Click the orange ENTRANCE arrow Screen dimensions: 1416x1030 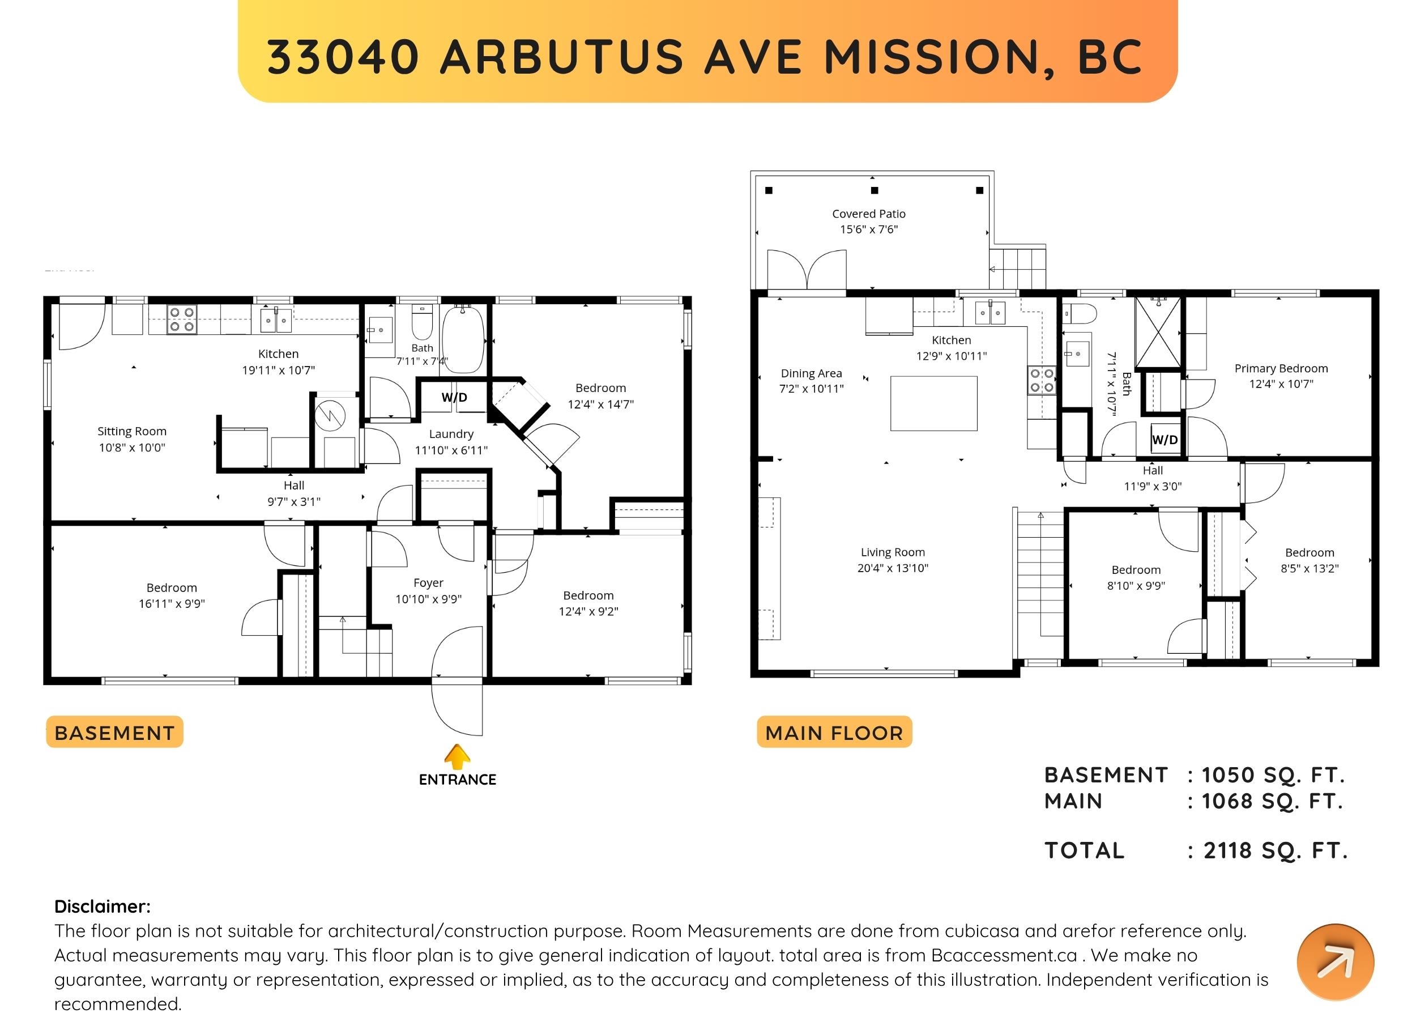(457, 756)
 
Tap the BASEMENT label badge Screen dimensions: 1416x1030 (114, 732)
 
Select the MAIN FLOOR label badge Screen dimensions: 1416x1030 (834, 732)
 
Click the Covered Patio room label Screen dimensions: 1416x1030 (868, 214)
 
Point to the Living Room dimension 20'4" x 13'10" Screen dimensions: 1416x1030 (893, 568)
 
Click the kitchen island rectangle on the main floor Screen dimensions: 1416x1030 (933, 403)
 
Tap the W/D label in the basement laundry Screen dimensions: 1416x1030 (454, 397)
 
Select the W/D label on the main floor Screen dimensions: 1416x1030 (1165, 440)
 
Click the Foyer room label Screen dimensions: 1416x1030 (428, 583)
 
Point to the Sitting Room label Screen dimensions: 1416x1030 (132, 431)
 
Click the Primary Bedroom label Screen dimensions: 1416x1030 (1281, 368)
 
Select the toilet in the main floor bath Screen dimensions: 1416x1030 (1081, 313)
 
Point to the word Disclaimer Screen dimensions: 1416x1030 (103, 906)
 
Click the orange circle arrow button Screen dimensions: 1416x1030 (1336, 963)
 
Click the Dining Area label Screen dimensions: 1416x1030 (811, 373)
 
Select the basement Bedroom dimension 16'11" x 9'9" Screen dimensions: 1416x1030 (172, 604)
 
